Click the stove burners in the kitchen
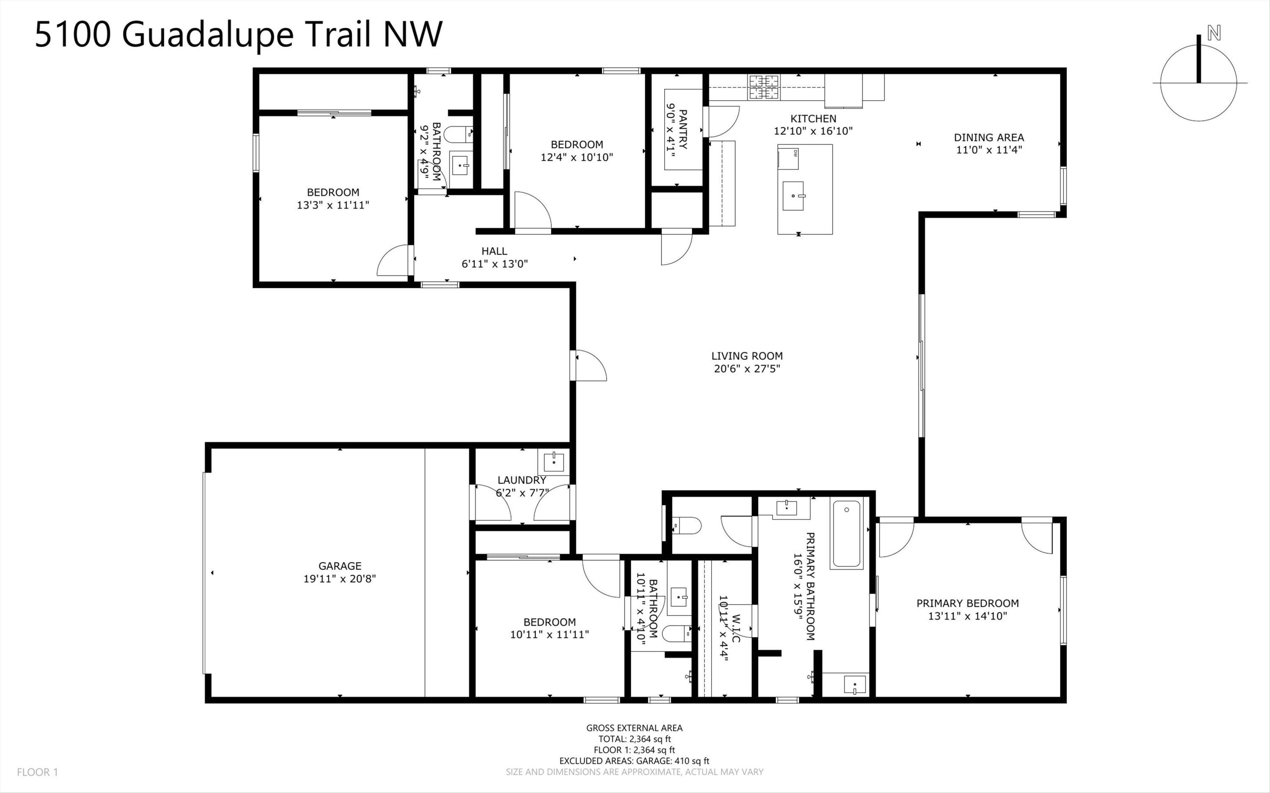(764, 88)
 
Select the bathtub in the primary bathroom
(846, 534)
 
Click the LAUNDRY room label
(522, 480)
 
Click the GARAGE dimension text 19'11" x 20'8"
(340, 579)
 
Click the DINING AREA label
(988, 138)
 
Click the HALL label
(494, 251)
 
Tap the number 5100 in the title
(73, 34)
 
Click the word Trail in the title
(339, 34)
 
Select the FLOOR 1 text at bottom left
(37, 772)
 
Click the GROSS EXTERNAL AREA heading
(634, 728)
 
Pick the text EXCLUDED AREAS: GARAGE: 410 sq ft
(634, 761)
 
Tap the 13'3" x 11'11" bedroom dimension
(333, 205)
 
